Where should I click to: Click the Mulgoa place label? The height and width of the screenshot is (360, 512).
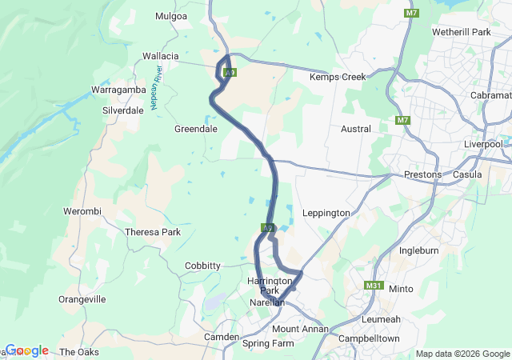tap(170, 15)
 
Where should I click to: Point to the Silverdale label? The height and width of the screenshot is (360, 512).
tap(123, 110)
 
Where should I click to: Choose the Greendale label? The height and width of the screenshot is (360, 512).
tap(196, 128)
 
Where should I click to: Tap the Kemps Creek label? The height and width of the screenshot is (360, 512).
tap(338, 77)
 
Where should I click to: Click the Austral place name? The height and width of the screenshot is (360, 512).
tap(356, 128)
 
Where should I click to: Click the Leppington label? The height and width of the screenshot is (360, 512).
tap(327, 213)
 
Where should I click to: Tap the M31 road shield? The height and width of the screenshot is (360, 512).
tap(373, 286)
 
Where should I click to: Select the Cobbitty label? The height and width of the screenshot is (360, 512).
tap(202, 266)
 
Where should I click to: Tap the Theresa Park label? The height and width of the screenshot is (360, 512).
tap(153, 232)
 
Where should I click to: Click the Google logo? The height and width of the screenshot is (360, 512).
tap(27, 350)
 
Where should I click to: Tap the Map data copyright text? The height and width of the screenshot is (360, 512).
tap(462, 354)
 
